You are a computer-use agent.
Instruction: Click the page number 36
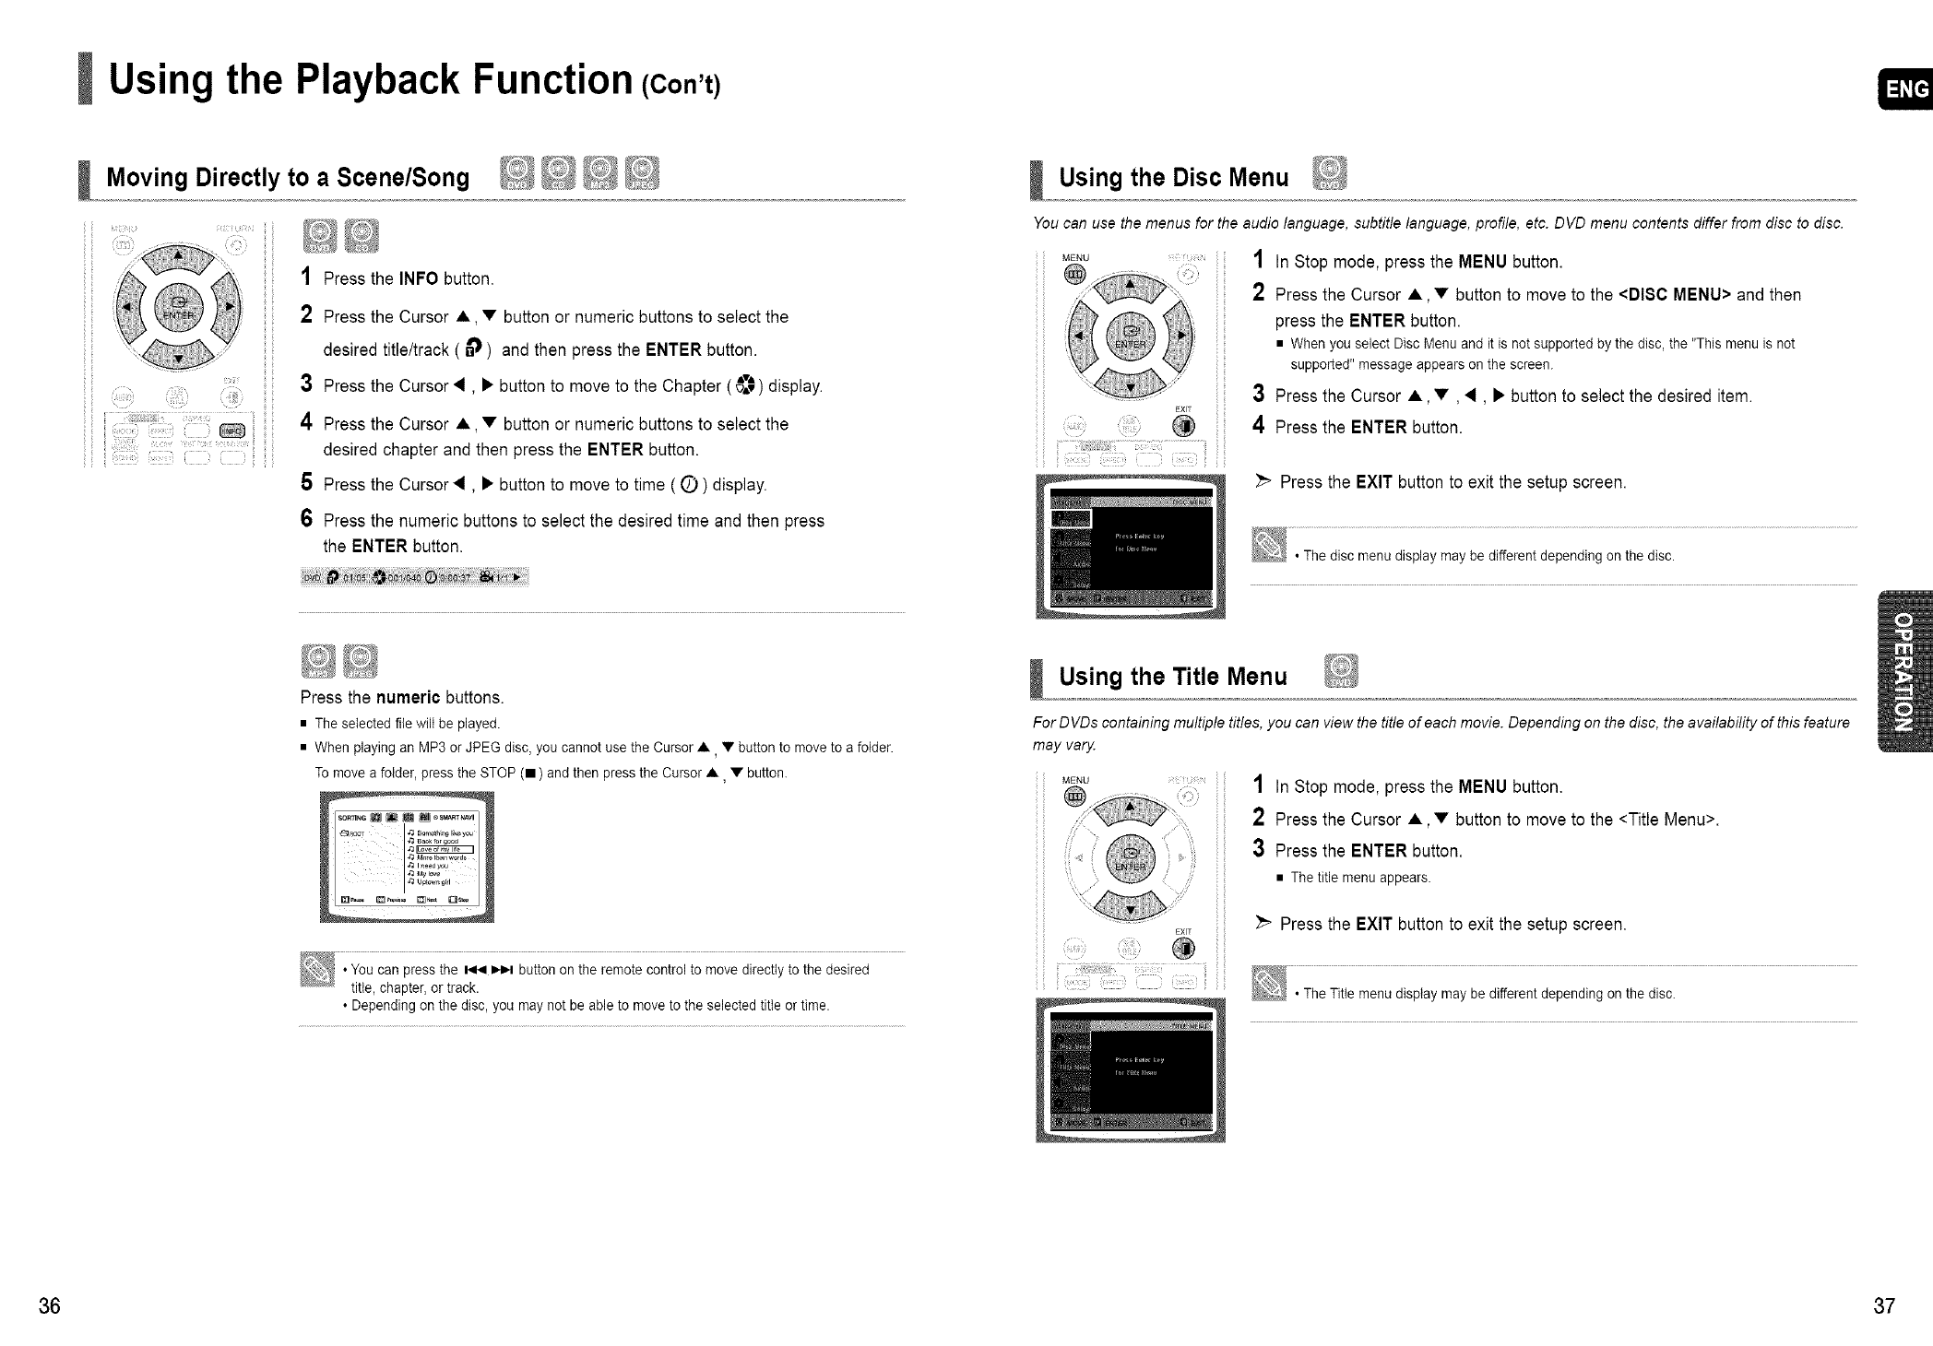[x=50, y=1306]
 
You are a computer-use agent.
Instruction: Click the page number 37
[x=1884, y=1306]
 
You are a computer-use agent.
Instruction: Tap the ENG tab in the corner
[x=1906, y=89]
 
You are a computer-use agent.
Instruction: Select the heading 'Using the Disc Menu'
[x=1173, y=177]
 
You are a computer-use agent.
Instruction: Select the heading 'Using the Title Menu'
[x=1172, y=677]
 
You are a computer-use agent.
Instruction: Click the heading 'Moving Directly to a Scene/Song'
[x=288, y=177]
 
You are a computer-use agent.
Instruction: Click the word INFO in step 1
[x=419, y=278]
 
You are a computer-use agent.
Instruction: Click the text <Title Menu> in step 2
[x=1667, y=820]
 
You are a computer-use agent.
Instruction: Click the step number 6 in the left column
[x=308, y=519]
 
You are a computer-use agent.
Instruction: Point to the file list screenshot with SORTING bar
[x=407, y=857]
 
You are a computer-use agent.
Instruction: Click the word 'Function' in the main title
[x=551, y=79]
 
